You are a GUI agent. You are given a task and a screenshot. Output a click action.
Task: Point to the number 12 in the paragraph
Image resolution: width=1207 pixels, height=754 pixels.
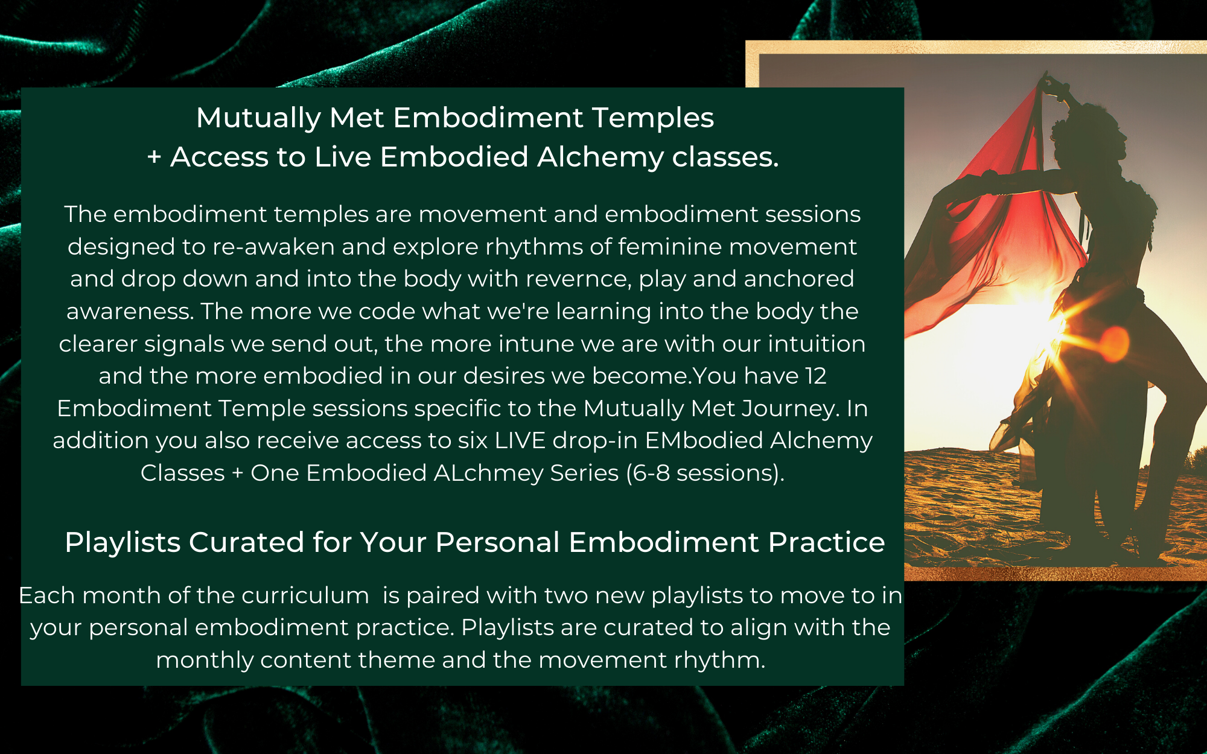point(815,376)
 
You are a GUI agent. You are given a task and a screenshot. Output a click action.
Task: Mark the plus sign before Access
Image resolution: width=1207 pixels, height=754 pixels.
point(154,157)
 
